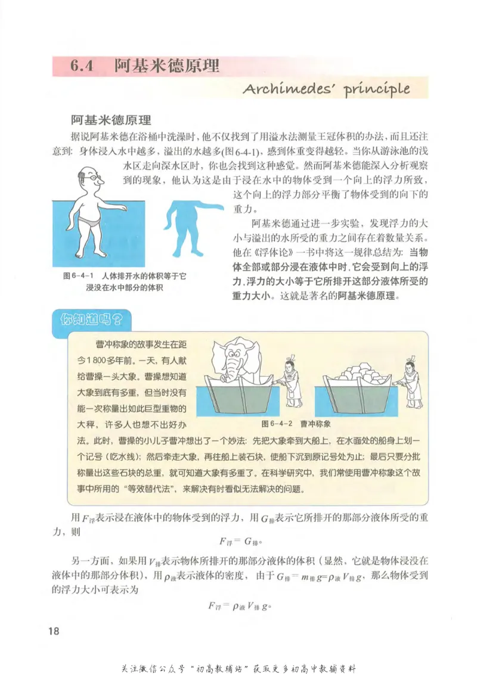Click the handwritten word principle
(375, 89)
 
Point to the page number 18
(54, 631)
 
